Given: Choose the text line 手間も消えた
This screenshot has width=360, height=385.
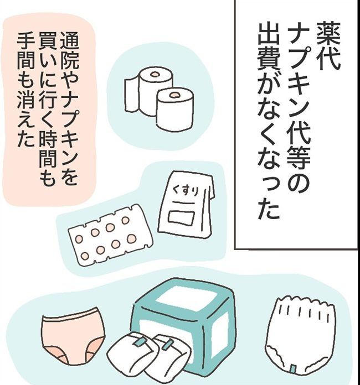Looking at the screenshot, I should [x=25, y=89].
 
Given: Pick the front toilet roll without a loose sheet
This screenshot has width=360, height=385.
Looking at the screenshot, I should [x=174, y=108].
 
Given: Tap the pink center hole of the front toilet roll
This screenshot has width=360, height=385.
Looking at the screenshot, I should [x=174, y=96].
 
